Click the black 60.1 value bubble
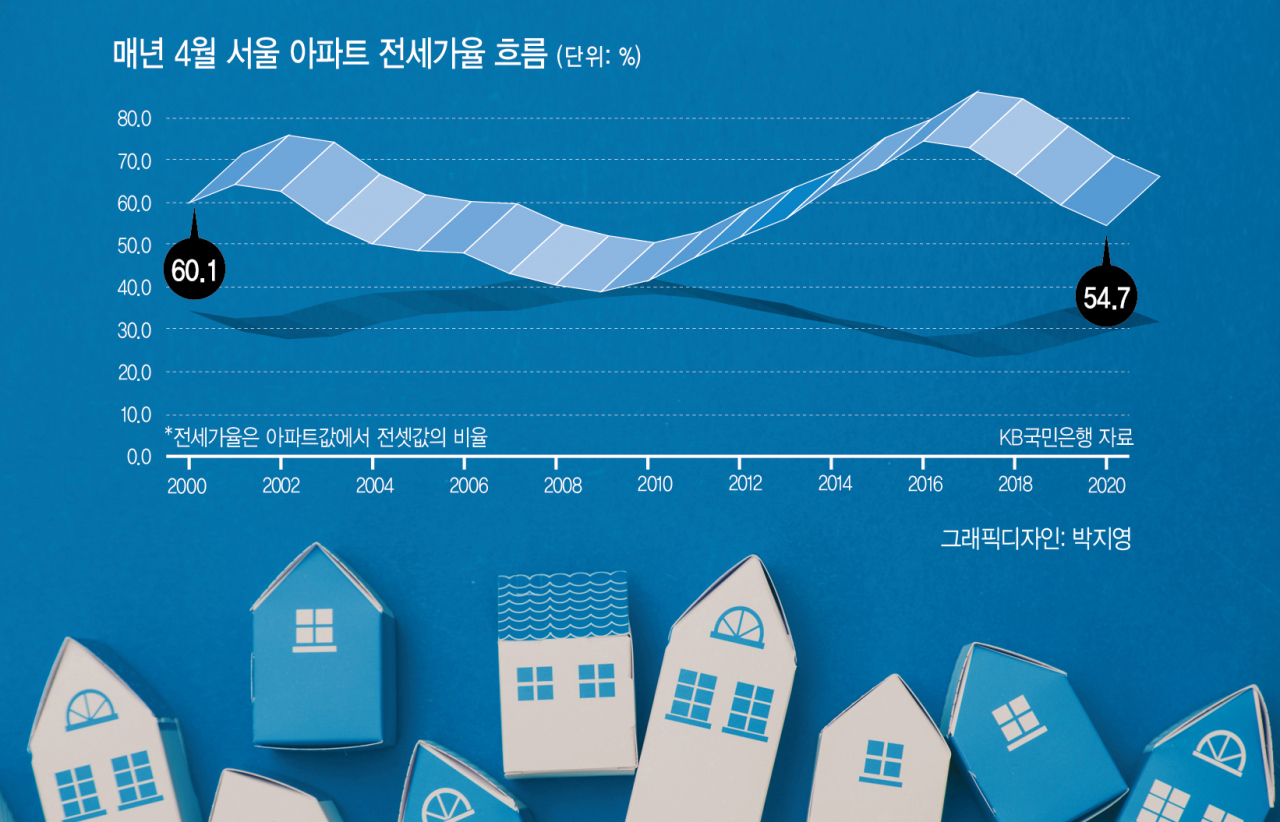click(194, 269)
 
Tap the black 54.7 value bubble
click(1106, 296)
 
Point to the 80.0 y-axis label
click(134, 119)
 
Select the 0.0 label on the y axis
click(139, 457)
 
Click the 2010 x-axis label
click(655, 485)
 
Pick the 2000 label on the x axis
click(187, 486)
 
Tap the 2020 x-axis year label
click(1106, 485)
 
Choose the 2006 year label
click(469, 485)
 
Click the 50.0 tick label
click(134, 246)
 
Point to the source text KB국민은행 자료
click(1066, 437)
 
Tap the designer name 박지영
click(1102, 538)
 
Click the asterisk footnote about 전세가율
click(326, 437)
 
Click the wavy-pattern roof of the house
click(563, 605)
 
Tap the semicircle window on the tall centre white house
click(738, 627)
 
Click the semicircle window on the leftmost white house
click(91, 710)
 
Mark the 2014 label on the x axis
click(835, 484)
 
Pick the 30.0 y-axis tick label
click(134, 330)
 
